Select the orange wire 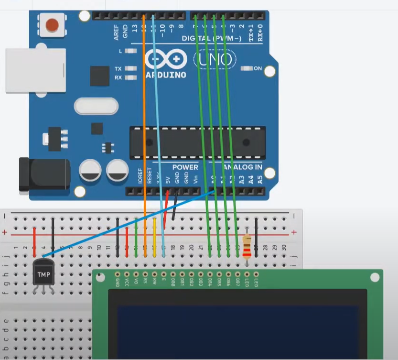(x=144, y=120)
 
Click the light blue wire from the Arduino (x=158, y=120)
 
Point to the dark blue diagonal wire (x=129, y=223)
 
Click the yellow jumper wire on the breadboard (x=154, y=237)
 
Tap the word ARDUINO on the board (x=165, y=75)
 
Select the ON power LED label (x=258, y=68)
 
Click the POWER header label (x=185, y=167)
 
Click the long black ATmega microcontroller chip (x=197, y=142)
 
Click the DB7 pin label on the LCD (x=237, y=281)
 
